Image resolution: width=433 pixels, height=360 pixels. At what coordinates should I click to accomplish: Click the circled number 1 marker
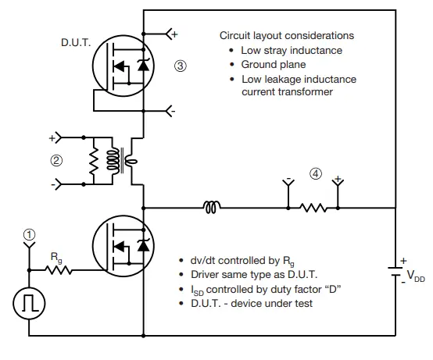30,234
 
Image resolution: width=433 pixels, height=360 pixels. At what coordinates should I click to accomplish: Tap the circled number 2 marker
55,162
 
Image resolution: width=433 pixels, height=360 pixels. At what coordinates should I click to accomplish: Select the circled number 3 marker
181,66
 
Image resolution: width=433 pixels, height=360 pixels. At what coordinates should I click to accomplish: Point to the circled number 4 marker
314,173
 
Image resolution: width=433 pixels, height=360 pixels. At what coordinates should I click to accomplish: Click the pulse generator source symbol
30,303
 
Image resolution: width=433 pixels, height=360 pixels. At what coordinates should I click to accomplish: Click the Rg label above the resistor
57,255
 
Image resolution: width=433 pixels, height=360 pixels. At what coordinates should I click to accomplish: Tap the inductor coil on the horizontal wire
212,209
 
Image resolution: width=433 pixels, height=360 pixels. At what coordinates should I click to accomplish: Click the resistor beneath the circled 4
313,209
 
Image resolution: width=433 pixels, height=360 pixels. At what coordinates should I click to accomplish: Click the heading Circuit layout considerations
286,36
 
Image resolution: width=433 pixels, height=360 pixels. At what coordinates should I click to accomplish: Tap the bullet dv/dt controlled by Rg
244,260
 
